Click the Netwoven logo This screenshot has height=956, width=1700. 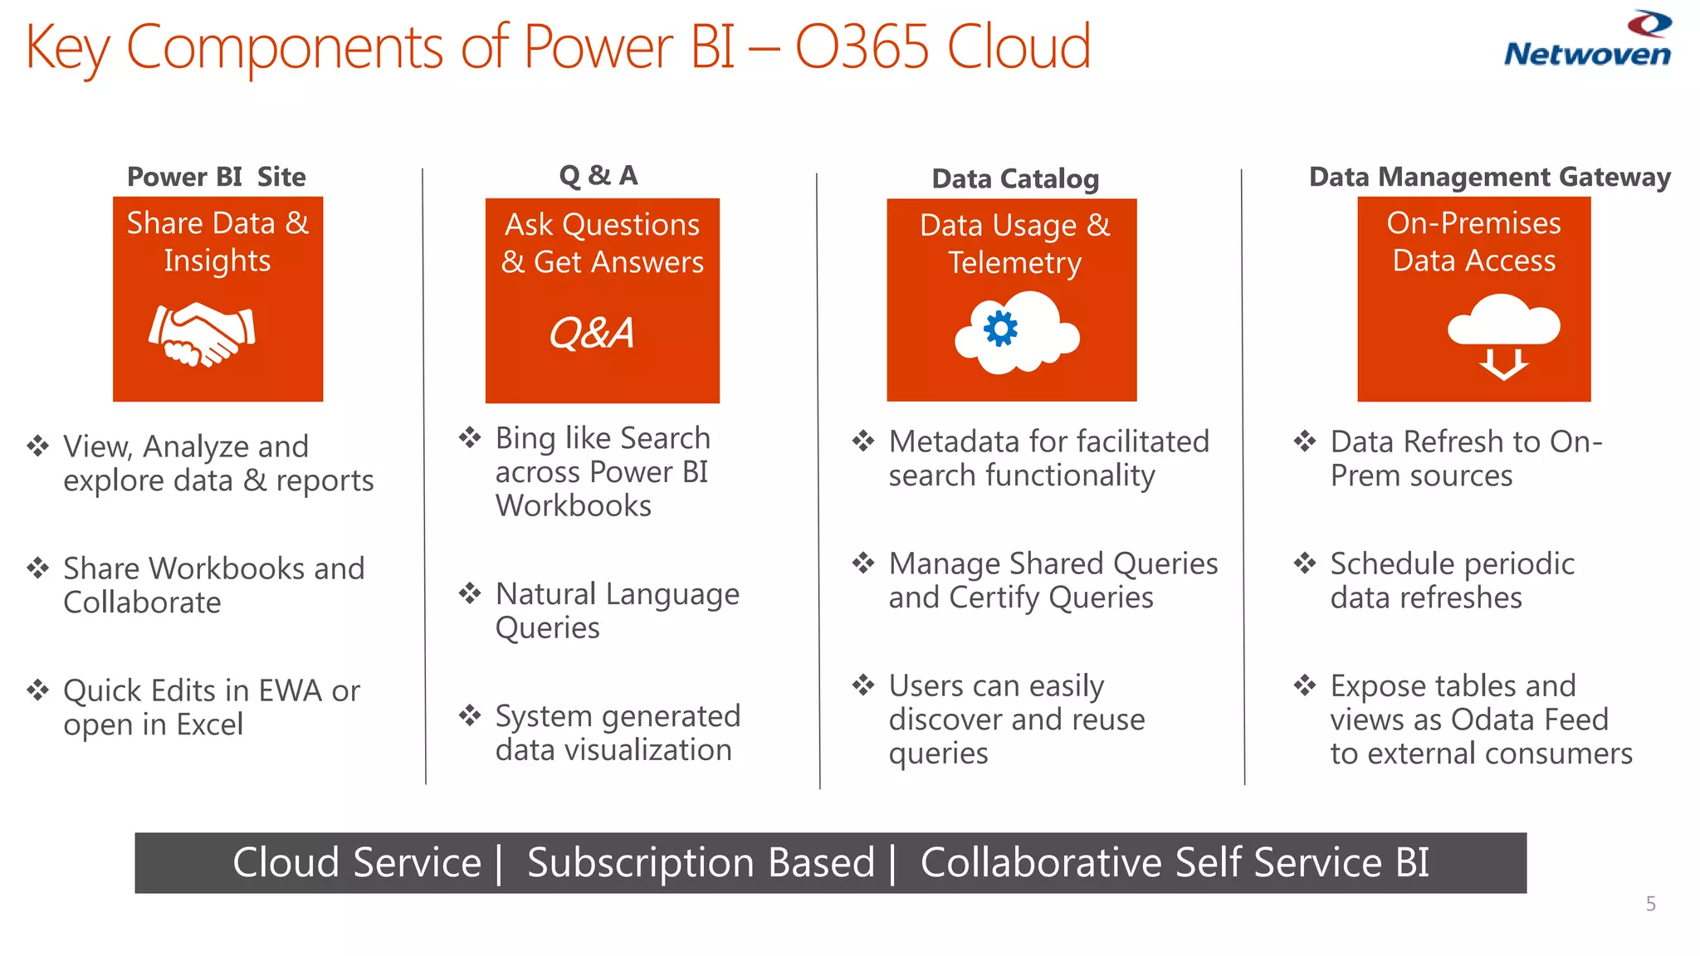pyautogui.click(x=1587, y=40)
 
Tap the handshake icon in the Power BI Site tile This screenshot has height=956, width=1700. pyautogui.click(x=202, y=334)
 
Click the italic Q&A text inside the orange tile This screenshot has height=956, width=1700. pyautogui.click(x=591, y=334)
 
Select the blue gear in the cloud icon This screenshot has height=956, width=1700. pyautogui.click(x=1000, y=329)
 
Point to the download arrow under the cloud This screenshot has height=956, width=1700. pyautogui.click(x=1503, y=364)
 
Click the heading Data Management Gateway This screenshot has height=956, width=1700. pyautogui.click(x=1489, y=177)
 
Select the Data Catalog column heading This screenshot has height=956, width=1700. pyautogui.click(x=1014, y=178)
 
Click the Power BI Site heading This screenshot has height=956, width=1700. pyautogui.click(x=216, y=177)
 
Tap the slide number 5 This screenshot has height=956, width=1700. pyautogui.click(x=1650, y=904)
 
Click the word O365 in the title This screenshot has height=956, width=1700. pyautogui.click(x=861, y=46)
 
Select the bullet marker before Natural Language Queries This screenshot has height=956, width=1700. pyautogui.click(x=470, y=593)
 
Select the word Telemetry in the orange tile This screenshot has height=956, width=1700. pyautogui.click(x=1014, y=262)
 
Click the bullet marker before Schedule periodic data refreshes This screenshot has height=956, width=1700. pyautogui.click(x=1305, y=563)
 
